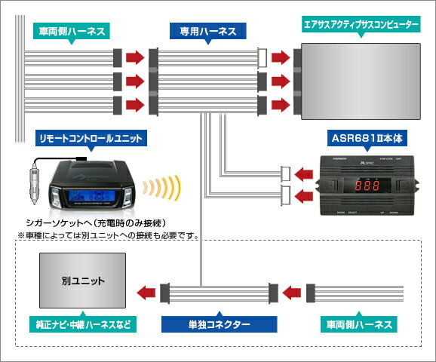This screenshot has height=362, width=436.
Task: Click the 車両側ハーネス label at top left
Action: (x=72, y=31)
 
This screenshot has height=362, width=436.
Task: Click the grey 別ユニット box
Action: (x=82, y=280)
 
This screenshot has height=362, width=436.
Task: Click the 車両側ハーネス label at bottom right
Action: (x=358, y=326)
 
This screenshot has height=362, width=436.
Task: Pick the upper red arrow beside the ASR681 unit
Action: (x=305, y=174)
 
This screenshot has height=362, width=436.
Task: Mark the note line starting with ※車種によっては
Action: (x=107, y=235)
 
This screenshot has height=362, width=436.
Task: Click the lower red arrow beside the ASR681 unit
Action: (x=305, y=198)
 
